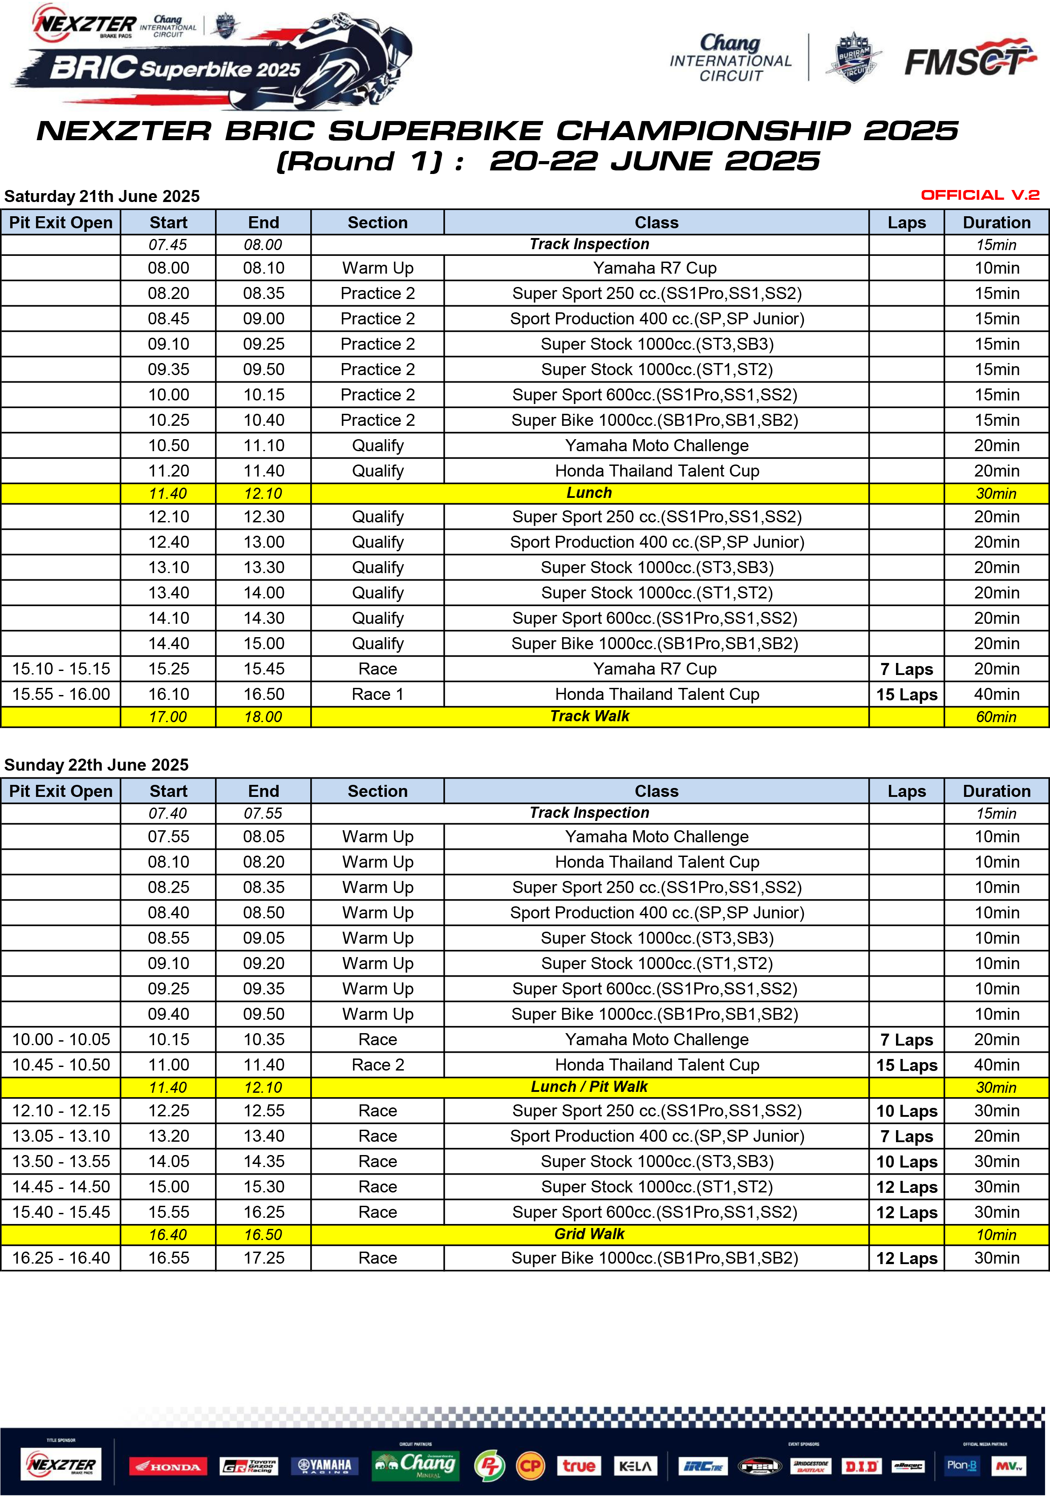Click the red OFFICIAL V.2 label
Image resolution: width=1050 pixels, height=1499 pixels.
tap(980, 195)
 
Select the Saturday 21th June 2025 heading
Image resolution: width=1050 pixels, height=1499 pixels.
tap(102, 197)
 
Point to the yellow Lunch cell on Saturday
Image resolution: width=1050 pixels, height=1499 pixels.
tap(589, 493)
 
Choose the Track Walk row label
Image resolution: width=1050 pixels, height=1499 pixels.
tap(589, 716)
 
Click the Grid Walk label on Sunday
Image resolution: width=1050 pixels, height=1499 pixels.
tap(589, 1234)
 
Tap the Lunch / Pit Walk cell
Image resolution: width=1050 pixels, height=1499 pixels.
tap(589, 1087)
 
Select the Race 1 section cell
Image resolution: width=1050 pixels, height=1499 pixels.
tap(377, 694)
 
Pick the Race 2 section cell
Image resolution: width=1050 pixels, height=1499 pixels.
tap(377, 1065)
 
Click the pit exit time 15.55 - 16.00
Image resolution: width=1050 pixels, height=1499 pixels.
tap(61, 694)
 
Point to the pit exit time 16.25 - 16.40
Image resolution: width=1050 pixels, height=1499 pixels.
tap(61, 1258)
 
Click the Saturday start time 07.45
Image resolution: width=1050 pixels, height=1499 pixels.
tap(168, 245)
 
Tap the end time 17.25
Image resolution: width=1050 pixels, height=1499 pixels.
tap(264, 1258)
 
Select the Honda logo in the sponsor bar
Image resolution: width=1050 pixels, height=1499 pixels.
tap(168, 1467)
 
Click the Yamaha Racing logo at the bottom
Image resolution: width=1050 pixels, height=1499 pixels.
tap(324, 1466)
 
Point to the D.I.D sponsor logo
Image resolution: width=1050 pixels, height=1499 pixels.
tap(861, 1467)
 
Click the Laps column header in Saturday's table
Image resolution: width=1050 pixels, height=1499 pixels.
tap(906, 222)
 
